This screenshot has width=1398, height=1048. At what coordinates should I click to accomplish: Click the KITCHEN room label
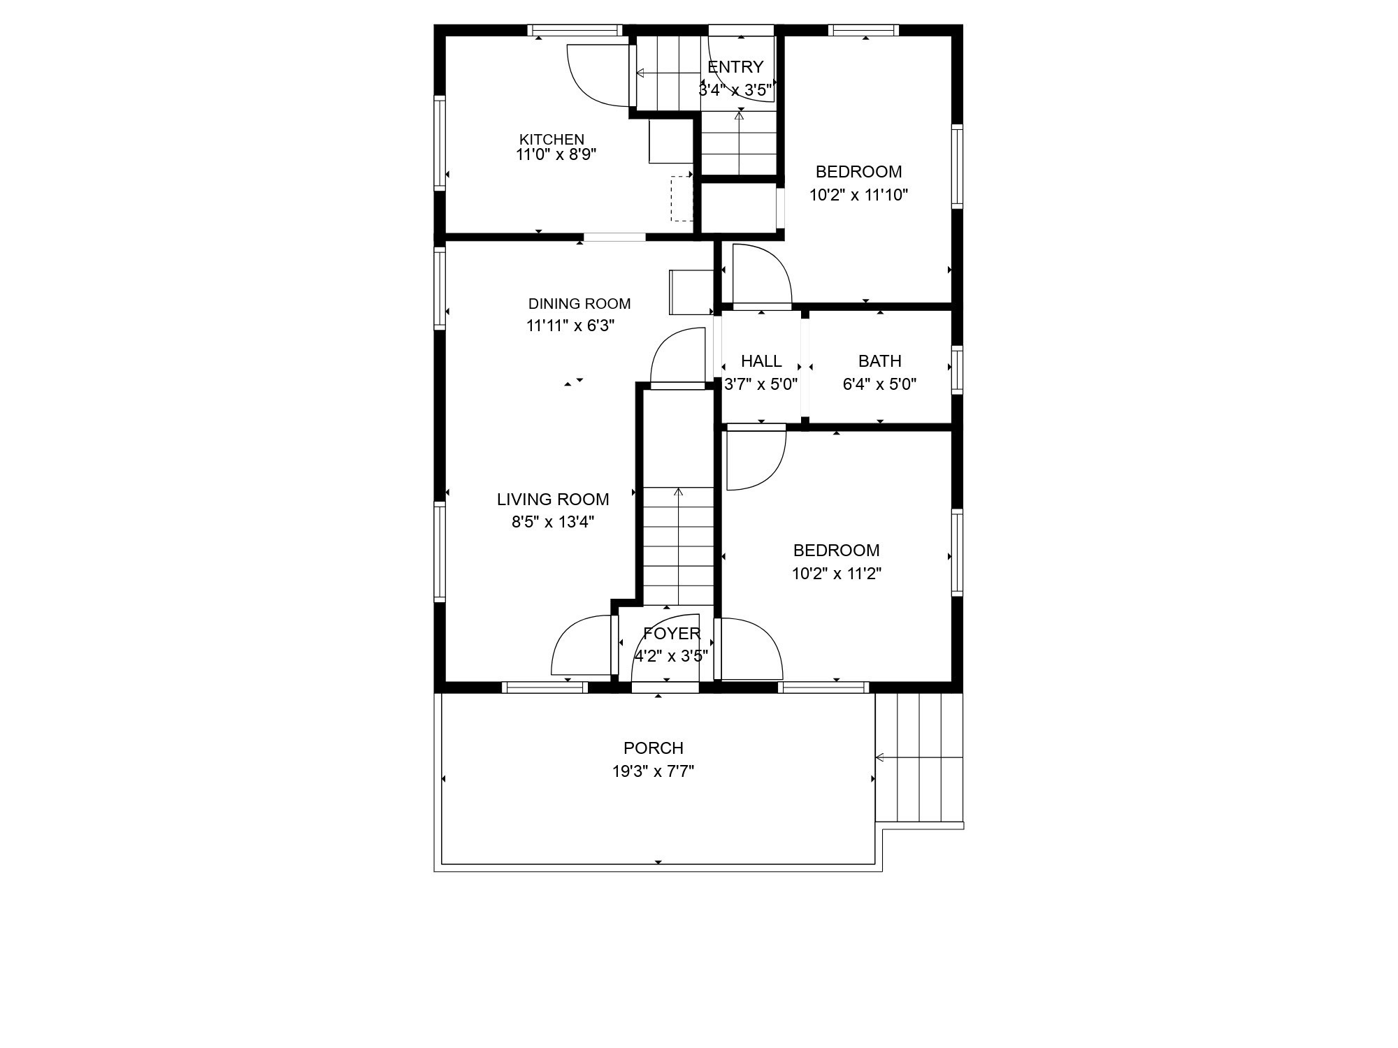552,139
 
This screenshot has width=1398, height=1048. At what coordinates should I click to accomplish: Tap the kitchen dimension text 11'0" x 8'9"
556,154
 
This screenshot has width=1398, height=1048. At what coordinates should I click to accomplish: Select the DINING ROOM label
579,304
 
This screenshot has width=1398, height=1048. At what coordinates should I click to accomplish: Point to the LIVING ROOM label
553,500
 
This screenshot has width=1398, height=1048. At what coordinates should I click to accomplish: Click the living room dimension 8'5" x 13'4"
553,522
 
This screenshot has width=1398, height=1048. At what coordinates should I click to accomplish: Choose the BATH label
879,361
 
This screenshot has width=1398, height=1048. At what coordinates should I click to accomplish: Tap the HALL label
761,361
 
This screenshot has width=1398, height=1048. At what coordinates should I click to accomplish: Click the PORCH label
654,748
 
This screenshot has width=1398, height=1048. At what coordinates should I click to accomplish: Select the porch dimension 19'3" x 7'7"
654,771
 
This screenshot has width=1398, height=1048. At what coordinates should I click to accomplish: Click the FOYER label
672,634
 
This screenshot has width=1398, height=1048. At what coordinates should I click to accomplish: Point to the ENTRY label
735,67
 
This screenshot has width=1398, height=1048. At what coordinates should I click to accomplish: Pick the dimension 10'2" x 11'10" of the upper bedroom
858,195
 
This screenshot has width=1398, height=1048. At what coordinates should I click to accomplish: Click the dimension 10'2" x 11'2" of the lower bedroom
836,574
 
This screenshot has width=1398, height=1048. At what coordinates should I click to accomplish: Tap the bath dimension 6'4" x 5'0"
879,384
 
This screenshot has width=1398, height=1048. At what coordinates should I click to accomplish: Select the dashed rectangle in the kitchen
682,199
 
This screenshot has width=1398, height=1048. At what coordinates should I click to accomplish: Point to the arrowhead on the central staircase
678,492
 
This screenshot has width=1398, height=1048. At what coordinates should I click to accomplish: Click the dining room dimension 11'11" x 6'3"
570,326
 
